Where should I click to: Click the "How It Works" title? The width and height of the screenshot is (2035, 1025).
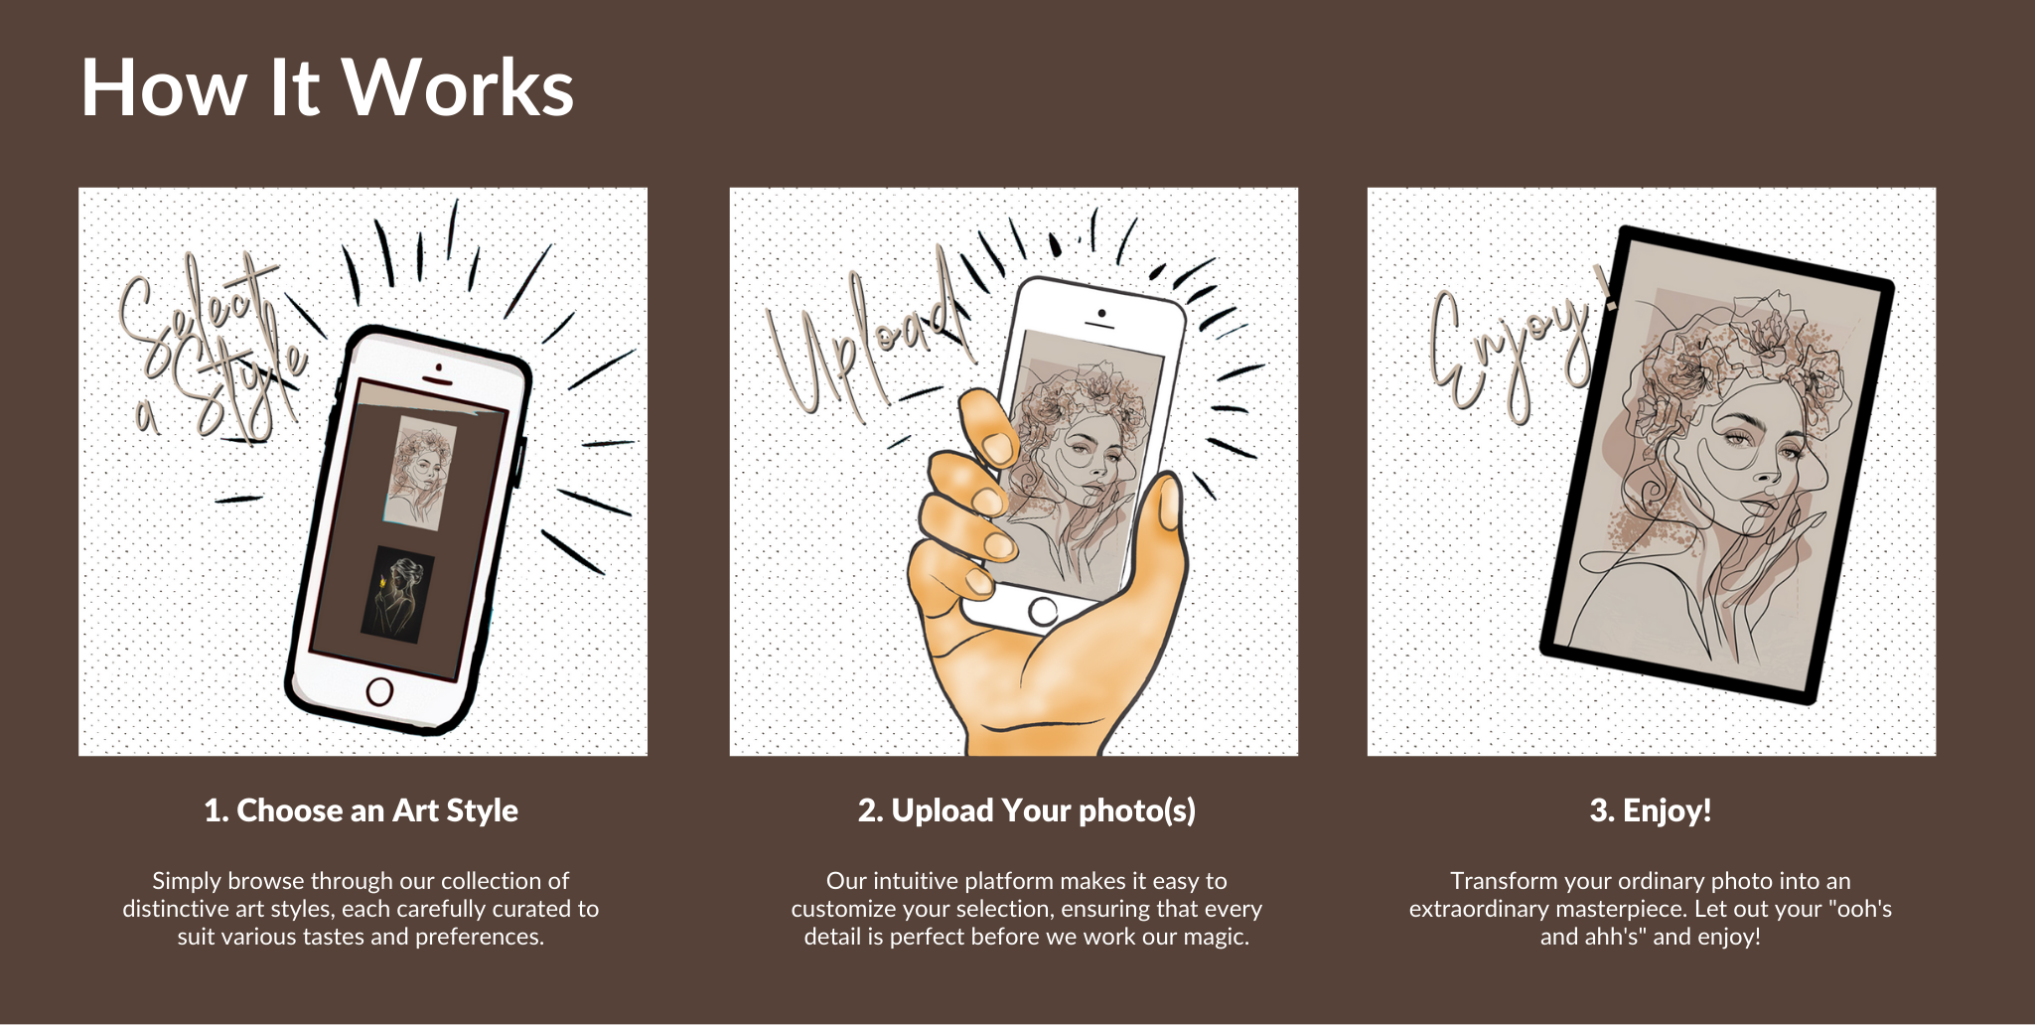[x=327, y=87]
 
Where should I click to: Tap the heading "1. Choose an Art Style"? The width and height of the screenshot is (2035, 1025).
[x=362, y=810]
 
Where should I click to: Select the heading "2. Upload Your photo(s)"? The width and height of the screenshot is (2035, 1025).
[x=1027, y=810]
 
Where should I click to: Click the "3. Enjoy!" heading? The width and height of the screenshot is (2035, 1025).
[x=1651, y=810]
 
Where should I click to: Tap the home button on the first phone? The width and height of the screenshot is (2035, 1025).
[x=379, y=691]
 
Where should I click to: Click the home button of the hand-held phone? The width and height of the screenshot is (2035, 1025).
[x=1043, y=612]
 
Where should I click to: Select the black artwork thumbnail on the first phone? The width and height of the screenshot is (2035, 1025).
[x=397, y=594]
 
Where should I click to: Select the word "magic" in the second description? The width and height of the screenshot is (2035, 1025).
[x=1217, y=937]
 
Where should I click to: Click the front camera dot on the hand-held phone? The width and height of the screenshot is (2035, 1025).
[x=1101, y=314]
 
